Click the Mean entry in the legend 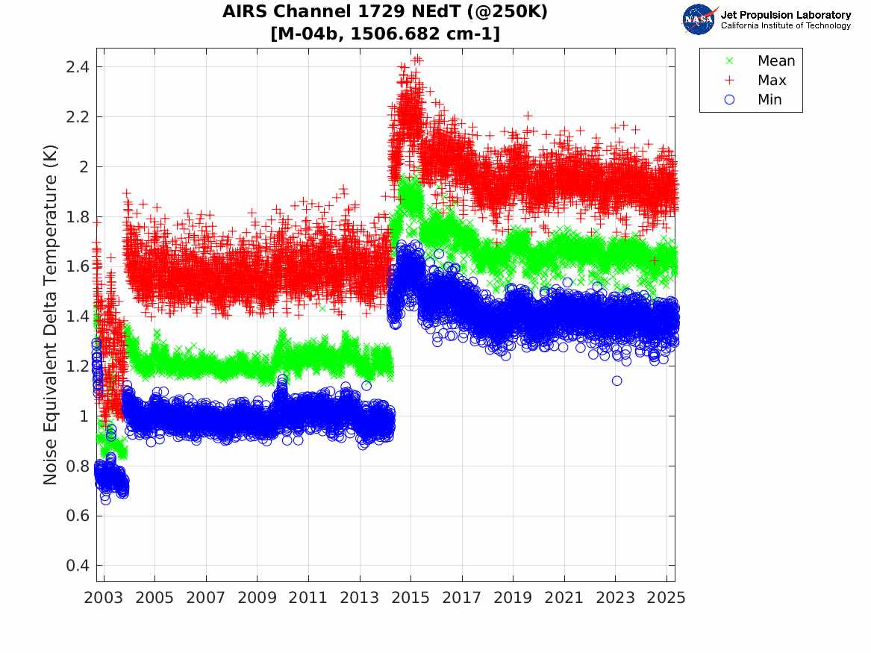click(x=775, y=61)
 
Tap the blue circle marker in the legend click(x=730, y=100)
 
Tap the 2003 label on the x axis click(x=103, y=598)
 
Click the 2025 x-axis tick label click(x=666, y=598)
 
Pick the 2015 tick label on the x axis click(x=410, y=598)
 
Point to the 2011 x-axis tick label click(x=308, y=598)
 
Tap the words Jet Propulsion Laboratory click(x=785, y=15)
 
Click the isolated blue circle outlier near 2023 click(x=616, y=381)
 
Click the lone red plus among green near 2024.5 click(x=655, y=260)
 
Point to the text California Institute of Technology click(x=785, y=26)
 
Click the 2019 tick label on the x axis click(x=513, y=598)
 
